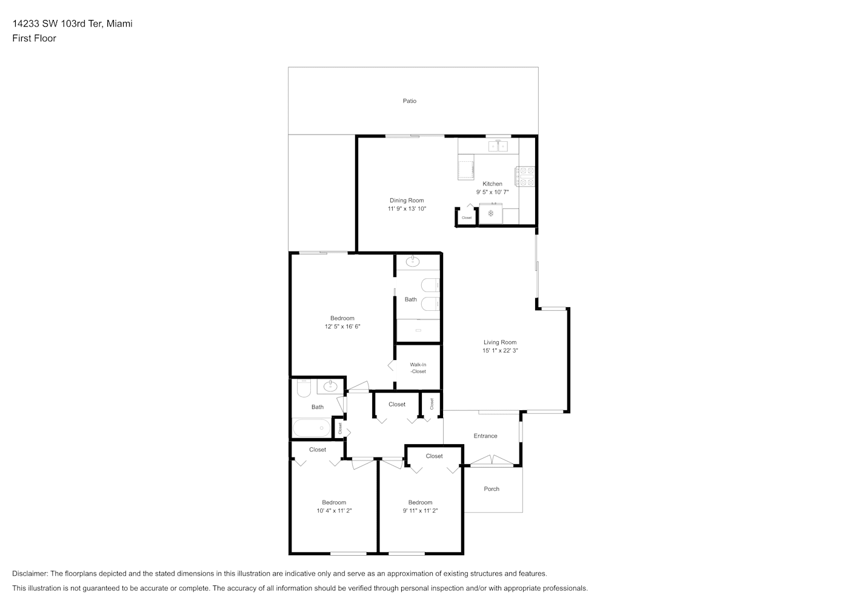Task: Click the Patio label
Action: click(x=409, y=101)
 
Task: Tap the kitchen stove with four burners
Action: click(x=525, y=176)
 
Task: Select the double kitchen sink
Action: click(x=498, y=146)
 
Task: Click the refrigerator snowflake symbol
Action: click(x=491, y=213)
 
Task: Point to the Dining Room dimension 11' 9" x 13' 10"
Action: click(x=407, y=208)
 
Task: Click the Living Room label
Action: click(x=499, y=342)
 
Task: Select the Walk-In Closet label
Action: click(x=418, y=368)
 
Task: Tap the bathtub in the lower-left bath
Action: click(x=312, y=428)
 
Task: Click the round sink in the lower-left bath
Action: click(x=330, y=387)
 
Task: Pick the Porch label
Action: click(x=492, y=489)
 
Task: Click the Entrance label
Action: click(x=485, y=436)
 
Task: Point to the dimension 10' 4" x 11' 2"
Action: click(x=334, y=511)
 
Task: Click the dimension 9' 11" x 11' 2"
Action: click(x=420, y=511)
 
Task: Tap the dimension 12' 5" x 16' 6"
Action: click(x=342, y=327)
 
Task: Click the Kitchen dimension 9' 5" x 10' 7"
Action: click(x=492, y=192)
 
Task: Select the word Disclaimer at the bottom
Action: click(x=30, y=573)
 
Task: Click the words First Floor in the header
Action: click(x=34, y=38)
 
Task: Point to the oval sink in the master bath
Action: click(x=412, y=262)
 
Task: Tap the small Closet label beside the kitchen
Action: click(x=467, y=218)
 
